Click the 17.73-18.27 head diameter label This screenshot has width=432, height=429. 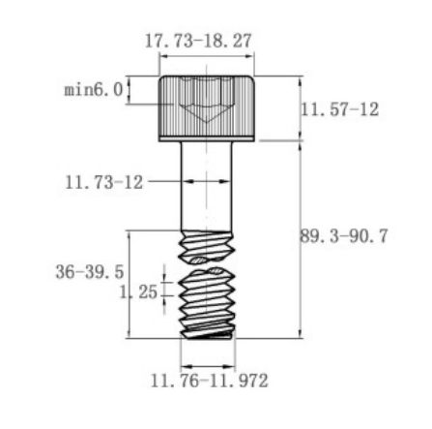pyautogui.click(x=197, y=43)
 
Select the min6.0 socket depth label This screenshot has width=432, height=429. pyautogui.click(x=93, y=90)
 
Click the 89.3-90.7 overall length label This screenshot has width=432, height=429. pyautogui.click(x=344, y=235)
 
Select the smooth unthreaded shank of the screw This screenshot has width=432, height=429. pyautogui.click(x=207, y=189)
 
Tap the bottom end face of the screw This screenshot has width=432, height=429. pyautogui.click(x=208, y=337)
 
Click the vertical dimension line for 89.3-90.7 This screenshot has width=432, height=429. pyautogui.click(x=299, y=242)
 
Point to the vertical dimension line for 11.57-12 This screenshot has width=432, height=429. pyautogui.click(x=299, y=107)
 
